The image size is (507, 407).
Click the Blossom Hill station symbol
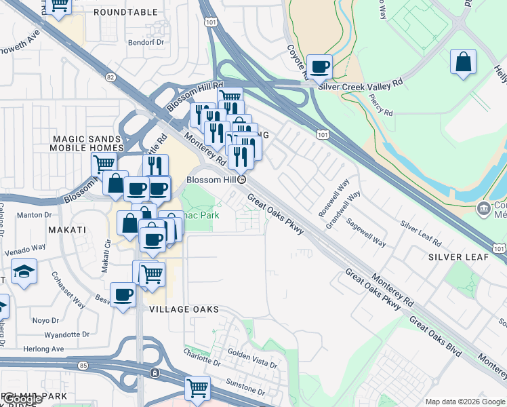point(241,180)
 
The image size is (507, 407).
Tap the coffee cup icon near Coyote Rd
point(320,66)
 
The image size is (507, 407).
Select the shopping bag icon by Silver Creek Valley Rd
point(464,62)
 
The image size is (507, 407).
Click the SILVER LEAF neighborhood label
point(454,258)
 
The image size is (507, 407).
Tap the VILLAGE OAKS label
point(184,309)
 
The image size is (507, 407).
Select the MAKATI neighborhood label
point(67,230)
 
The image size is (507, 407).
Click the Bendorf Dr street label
point(146,42)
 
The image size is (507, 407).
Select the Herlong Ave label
point(44,349)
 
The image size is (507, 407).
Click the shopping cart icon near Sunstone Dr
point(197,388)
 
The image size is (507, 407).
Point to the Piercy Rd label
point(380,103)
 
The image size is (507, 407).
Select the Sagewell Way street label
point(366,230)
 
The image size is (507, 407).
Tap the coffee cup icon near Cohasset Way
point(123,295)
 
